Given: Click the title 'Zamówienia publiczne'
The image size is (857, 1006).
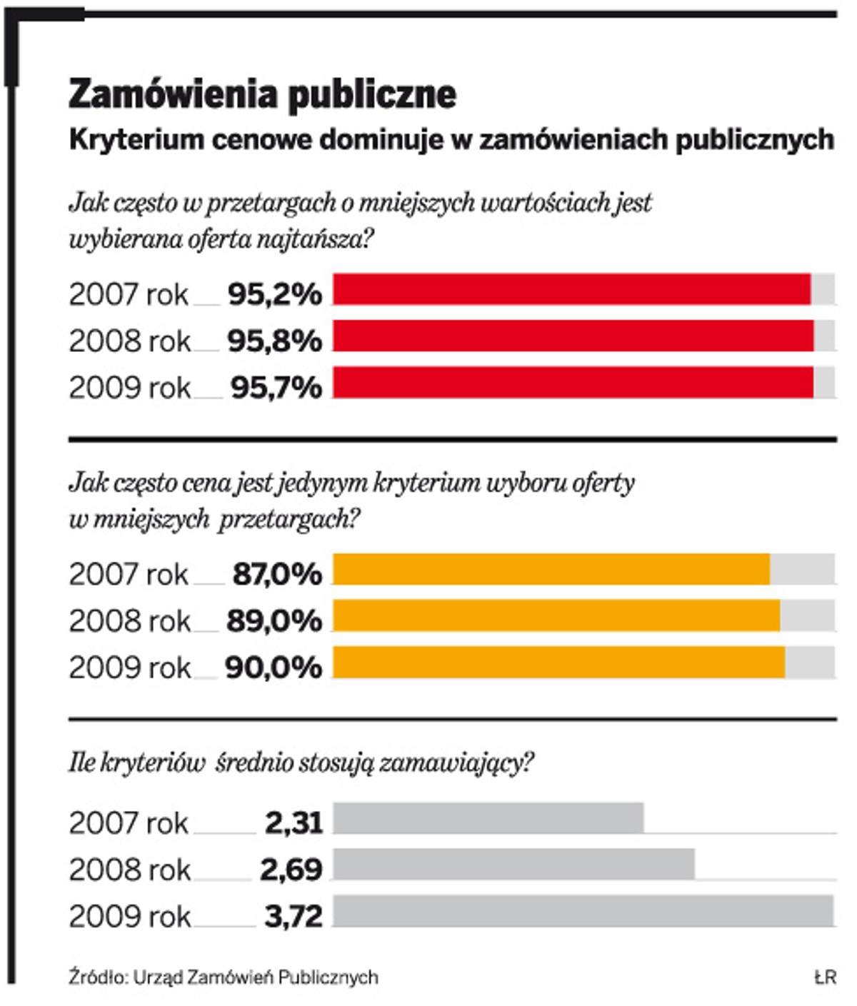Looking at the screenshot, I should (x=262, y=95).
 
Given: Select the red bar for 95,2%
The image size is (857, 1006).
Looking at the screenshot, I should (x=571, y=289).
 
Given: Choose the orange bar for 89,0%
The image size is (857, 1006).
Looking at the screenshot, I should (x=556, y=615).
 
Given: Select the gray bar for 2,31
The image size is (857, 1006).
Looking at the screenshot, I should (x=488, y=818).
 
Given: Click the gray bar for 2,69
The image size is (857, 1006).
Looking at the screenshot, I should (x=513, y=865).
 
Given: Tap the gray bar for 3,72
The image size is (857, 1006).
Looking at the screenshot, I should (x=583, y=911).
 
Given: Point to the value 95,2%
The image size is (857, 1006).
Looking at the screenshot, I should (x=275, y=294).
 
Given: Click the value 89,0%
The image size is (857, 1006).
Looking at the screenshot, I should (x=274, y=621).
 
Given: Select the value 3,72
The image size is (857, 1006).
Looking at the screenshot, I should (x=294, y=916).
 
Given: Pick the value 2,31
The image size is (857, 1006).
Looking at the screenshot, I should (x=294, y=823).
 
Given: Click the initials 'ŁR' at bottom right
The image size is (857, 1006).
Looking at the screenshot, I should (x=825, y=977).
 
